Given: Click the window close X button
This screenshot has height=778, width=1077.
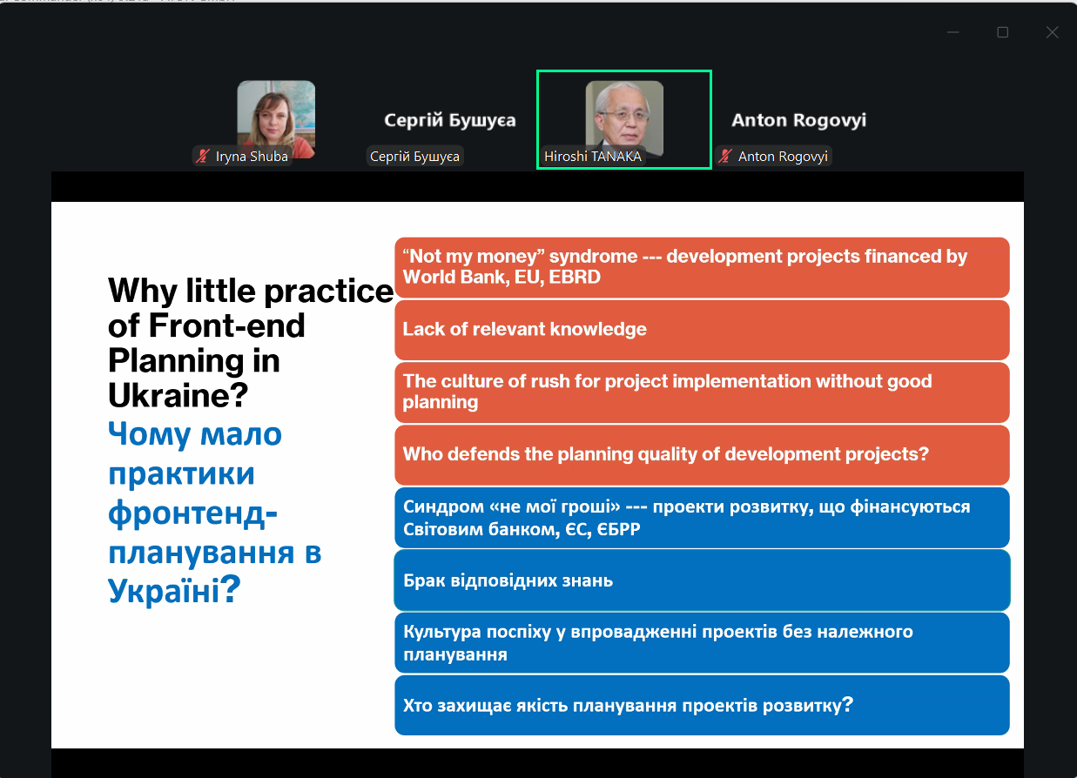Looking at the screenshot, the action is (1052, 32).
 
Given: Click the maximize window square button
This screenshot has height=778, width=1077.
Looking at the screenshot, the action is (1002, 32).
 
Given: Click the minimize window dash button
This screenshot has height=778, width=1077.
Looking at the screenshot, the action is (953, 32).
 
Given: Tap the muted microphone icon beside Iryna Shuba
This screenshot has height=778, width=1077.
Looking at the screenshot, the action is (203, 156).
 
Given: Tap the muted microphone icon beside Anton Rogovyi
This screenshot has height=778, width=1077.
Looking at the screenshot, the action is (725, 156).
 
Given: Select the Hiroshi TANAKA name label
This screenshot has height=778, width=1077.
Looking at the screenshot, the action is (593, 156).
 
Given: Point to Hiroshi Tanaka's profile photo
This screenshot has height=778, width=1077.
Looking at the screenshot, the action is (624, 118).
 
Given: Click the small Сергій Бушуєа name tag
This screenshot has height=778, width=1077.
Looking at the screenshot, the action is (415, 156).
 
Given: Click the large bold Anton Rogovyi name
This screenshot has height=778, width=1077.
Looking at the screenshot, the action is (798, 119).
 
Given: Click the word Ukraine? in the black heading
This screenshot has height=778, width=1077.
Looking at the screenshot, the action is (178, 395).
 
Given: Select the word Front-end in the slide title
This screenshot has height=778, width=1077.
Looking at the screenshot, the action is (226, 325).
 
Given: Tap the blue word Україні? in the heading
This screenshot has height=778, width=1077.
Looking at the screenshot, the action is (174, 590).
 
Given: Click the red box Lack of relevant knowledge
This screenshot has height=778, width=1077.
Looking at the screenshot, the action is (702, 330).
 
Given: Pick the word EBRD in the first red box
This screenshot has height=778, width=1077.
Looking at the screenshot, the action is (575, 278).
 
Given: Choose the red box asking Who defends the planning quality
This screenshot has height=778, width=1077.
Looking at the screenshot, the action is (702, 454).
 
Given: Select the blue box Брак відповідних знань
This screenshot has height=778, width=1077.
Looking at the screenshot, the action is (702, 580).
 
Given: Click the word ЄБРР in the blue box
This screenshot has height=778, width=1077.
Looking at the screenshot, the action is (618, 530).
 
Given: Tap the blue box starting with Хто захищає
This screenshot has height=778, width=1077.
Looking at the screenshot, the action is (702, 705).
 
